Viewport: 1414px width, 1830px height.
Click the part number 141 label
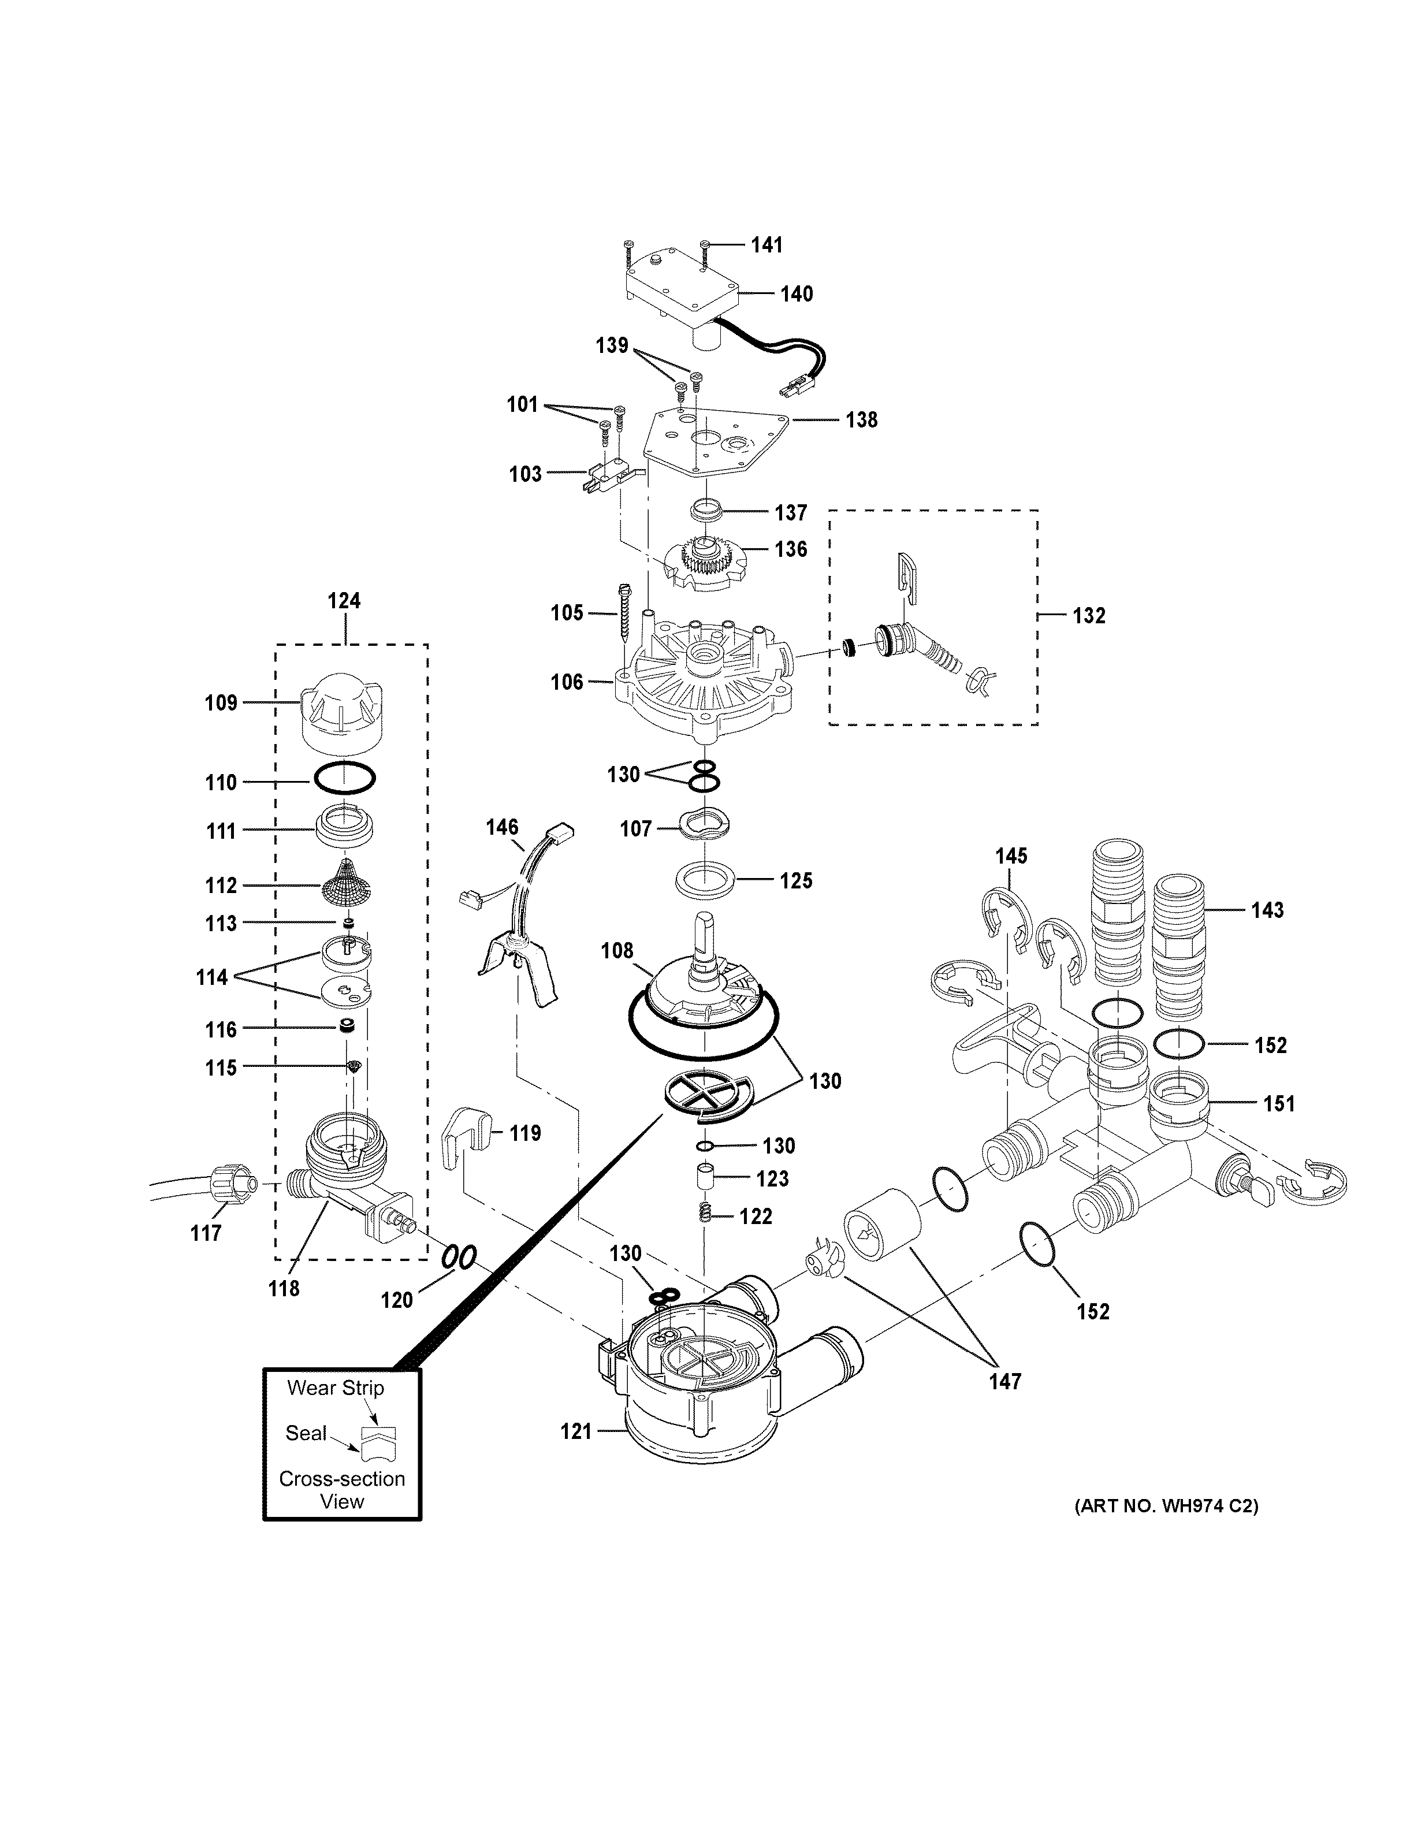point(766,245)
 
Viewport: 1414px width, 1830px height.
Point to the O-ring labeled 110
point(345,780)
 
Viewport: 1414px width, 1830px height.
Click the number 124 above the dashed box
point(344,601)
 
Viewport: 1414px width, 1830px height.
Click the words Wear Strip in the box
point(335,1388)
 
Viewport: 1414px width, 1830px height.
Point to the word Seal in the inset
point(306,1433)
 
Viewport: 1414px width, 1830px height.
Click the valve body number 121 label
point(576,1432)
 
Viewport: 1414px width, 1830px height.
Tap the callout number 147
point(1004,1382)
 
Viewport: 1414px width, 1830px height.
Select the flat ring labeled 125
point(705,881)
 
